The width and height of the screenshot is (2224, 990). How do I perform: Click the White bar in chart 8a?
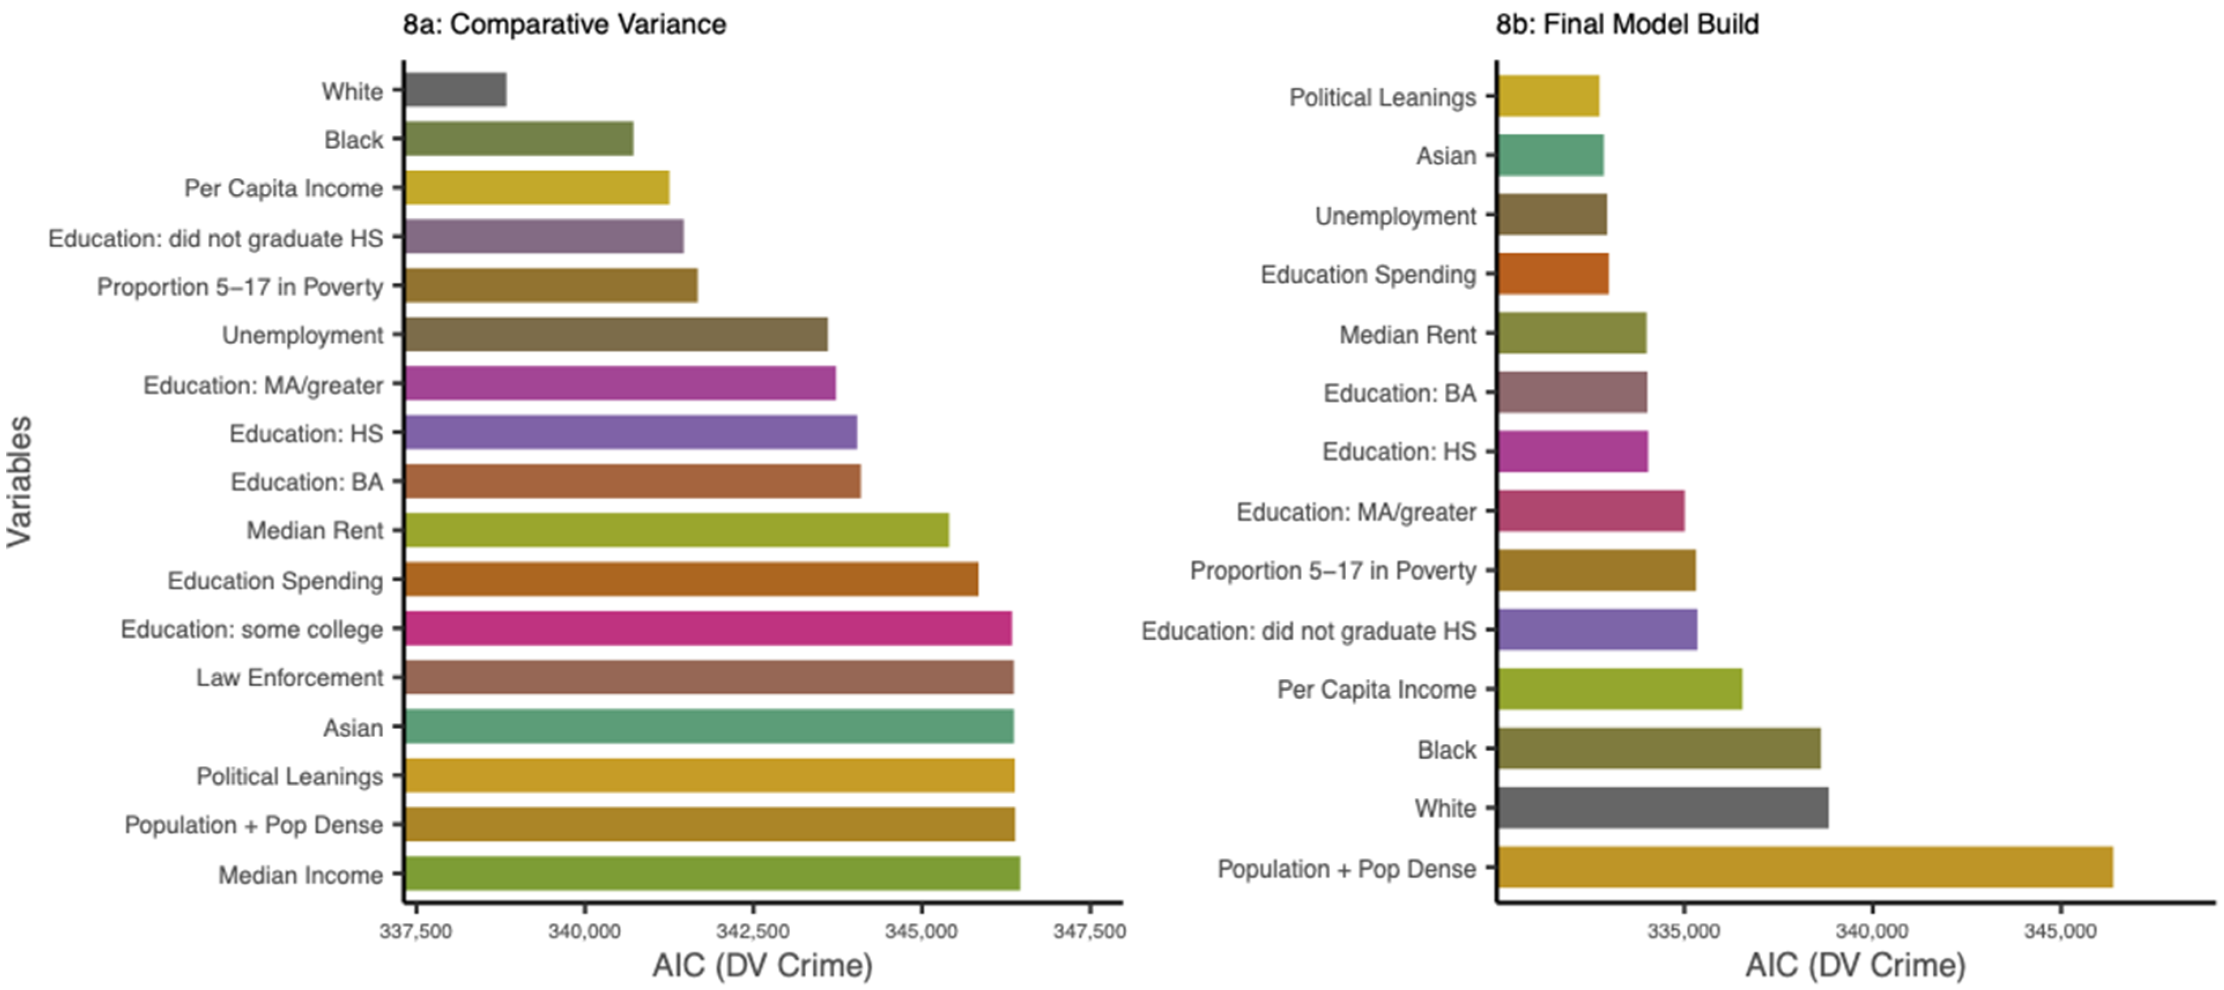456,90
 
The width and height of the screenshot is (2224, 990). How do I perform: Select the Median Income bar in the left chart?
712,873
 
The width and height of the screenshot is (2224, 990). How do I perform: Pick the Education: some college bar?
708,628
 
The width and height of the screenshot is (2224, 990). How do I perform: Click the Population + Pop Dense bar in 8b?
1804,868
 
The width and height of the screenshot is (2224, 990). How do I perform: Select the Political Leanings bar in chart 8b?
1548,96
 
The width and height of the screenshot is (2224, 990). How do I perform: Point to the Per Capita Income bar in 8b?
1619,688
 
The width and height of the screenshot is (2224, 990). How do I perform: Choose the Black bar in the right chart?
1659,749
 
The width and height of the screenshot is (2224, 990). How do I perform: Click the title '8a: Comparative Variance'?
565,24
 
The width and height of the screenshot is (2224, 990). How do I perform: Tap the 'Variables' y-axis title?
19,482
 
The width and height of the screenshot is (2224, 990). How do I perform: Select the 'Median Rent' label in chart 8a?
314,530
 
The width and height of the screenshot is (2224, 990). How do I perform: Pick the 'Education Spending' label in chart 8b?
1369,274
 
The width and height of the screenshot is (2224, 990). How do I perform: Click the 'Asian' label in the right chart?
1446,155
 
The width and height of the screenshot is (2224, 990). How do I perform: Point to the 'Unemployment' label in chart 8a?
302,335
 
